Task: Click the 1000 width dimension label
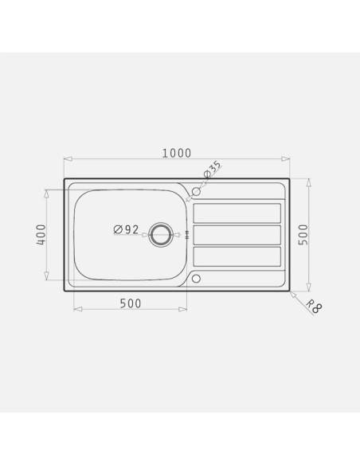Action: (177, 153)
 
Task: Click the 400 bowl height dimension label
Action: (41, 235)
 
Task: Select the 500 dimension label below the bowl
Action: (131, 303)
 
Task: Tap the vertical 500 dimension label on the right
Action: (303, 235)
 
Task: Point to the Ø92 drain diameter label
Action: (126, 229)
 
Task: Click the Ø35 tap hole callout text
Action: (213, 169)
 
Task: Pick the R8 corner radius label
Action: (314, 307)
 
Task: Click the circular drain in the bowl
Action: (160, 235)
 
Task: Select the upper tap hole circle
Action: (196, 191)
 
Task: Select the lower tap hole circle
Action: (196, 279)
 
